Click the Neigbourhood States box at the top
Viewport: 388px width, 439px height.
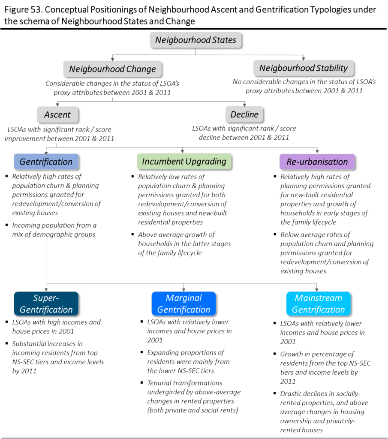196,40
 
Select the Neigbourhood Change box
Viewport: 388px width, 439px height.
112,69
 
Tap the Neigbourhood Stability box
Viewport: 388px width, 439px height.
303,68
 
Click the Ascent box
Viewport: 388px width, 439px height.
57,114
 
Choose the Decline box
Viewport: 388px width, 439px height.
244,114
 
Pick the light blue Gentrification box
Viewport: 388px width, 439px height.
46,162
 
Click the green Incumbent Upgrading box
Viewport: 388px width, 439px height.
184,162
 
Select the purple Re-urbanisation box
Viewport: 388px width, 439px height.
317,162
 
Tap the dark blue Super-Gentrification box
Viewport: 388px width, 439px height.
46,304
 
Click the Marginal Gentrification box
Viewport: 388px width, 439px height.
183,304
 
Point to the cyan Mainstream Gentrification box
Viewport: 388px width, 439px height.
318,304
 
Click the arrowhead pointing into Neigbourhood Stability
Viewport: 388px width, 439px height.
303,58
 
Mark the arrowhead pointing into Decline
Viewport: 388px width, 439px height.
244,104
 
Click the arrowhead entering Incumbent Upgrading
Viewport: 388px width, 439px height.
183,151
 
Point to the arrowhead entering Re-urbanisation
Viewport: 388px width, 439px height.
317,151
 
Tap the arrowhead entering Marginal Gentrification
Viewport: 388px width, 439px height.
183,289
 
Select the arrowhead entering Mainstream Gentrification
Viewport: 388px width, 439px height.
317,289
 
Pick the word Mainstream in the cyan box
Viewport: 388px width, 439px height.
318,298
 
